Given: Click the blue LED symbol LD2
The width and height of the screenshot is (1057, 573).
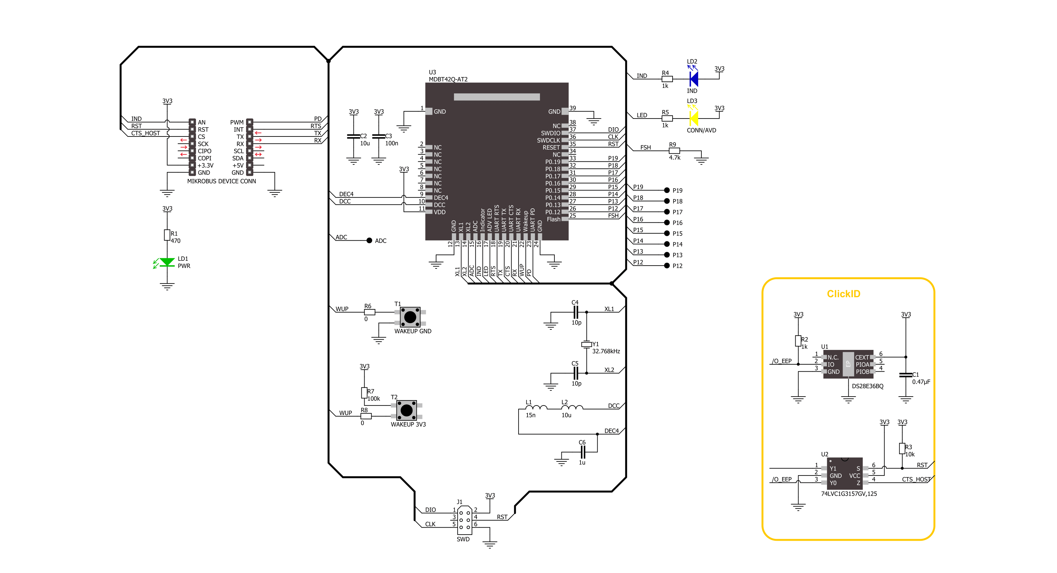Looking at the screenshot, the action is coord(693,78).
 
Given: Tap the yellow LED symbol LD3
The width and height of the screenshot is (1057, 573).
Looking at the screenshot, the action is coord(693,118).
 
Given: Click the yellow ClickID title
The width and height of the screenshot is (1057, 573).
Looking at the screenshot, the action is coord(843,294).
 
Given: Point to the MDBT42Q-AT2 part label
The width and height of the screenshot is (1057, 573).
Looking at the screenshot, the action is coord(448,79).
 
